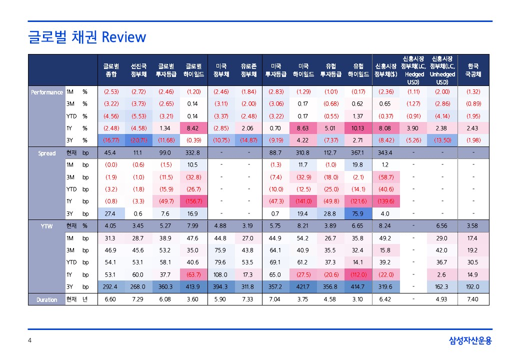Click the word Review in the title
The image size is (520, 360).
point(123,37)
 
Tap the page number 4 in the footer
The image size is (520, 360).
point(30,341)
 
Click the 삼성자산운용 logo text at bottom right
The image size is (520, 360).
point(470,341)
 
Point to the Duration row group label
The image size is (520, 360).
point(46,299)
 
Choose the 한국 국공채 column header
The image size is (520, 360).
point(472,70)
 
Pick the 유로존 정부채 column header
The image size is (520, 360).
point(248,70)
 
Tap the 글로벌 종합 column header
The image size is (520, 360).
point(111,70)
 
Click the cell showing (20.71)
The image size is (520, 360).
point(138,140)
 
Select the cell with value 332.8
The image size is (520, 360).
point(192,153)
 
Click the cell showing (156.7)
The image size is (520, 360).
point(192,201)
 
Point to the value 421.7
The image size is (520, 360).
point(303,287)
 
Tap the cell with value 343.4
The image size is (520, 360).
point(385,153)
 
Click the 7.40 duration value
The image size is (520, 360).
point(472,299)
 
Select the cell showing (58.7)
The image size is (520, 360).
point(385,177)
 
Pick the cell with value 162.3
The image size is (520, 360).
point(442,287)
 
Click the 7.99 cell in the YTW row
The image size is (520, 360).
point(192,226)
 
